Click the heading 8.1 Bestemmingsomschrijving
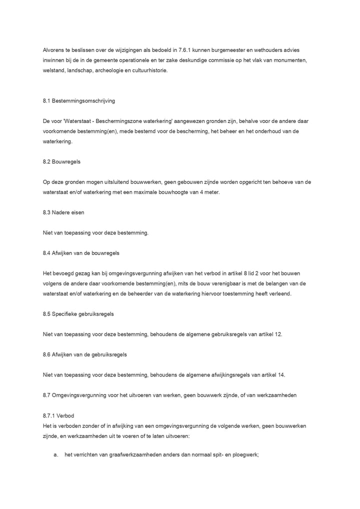(x=79, y=101)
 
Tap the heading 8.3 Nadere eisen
(x=63, y=212)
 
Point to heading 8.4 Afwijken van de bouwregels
(x=81, y=253)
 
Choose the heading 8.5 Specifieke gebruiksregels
(x=78, y=314)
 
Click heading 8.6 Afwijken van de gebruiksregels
(x=84, y=354)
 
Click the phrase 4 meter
(x=208, y=192)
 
